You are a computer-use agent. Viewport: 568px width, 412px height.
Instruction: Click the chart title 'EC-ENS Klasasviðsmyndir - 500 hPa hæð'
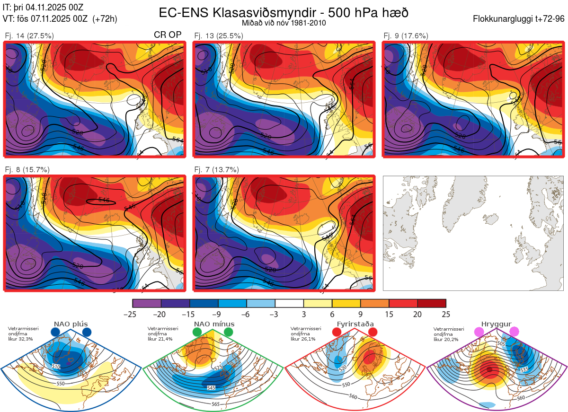click(x=284, y=13)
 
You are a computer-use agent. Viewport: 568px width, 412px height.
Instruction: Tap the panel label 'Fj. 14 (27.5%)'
click(x=29, y=35)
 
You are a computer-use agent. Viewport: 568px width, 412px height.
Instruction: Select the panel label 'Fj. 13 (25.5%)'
click(x=219, y=35)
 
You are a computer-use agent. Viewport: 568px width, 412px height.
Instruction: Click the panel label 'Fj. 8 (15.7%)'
click(x=27, y=169)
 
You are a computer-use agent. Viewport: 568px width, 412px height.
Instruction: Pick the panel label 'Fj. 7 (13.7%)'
click(x=217, y=169)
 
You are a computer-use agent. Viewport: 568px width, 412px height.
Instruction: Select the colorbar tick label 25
click(x=446, y=315)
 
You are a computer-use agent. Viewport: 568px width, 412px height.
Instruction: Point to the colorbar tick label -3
click(x=275, y=315)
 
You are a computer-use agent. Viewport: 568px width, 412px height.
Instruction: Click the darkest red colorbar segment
click(x=432, y=303)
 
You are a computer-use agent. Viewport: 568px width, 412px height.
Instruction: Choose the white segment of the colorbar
click(x=289, y=303)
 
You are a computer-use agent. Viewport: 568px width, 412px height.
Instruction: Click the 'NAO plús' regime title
click(x=71, y=324)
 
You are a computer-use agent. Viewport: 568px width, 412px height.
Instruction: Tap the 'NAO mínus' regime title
click(x=214, y=324)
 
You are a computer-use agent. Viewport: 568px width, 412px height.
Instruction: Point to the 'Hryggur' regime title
click(x=496, y=324)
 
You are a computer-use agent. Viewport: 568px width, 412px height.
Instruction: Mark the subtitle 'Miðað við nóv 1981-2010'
click(x=284, y=23)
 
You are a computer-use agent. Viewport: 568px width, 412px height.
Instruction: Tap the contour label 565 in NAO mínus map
click(x=216, y=404)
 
